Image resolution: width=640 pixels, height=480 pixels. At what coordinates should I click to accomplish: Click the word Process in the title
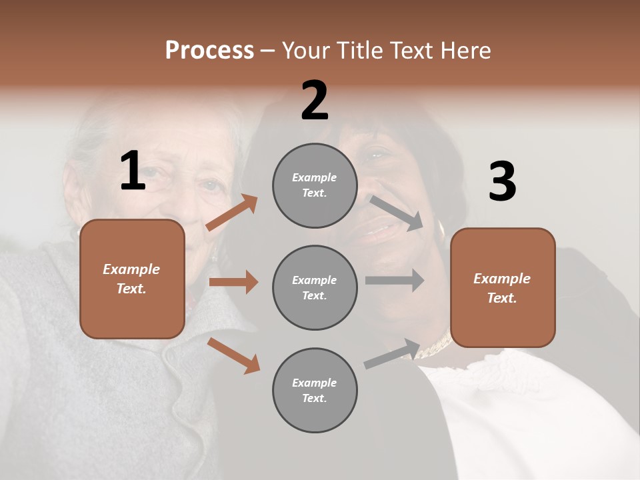point(209,51)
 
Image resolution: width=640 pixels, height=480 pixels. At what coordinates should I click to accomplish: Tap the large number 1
point(133,171)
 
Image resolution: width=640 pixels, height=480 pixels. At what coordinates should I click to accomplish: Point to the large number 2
point(315,101)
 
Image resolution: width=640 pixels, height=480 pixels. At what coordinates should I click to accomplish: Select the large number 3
point(502,181)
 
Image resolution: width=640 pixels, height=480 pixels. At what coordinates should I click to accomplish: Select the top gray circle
point(315,185)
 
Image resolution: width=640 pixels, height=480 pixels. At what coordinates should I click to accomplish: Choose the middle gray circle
point(315,287)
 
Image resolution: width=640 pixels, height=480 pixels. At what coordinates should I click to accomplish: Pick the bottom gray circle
point(315,390)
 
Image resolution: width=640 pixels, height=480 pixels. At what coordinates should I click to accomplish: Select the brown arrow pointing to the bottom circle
point(233,355)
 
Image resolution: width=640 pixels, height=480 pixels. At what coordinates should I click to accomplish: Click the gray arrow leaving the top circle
point(397,213)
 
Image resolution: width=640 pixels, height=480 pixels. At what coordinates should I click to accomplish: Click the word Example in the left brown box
point(131,269)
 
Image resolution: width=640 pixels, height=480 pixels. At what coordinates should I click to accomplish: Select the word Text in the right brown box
point(501,298)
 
